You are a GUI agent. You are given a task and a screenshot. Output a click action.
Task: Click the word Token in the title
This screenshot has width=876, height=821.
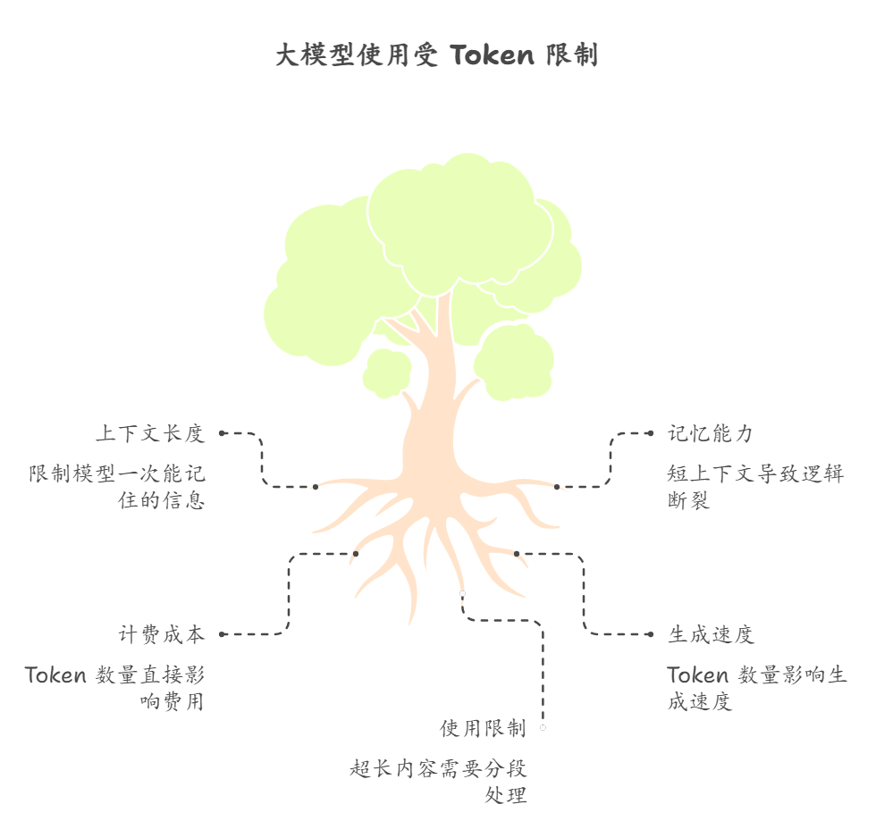pos(492,55)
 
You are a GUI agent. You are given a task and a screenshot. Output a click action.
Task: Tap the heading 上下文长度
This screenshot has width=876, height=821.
pos(150,434)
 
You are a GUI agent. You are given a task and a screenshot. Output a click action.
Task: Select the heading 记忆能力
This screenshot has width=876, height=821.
pos(711,434)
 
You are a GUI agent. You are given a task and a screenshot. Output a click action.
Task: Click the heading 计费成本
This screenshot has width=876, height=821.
pos(162,635)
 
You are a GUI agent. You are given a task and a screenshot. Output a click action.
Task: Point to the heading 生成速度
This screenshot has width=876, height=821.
pos(711,635)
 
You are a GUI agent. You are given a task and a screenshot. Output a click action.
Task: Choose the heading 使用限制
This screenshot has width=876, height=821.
pos(483,729)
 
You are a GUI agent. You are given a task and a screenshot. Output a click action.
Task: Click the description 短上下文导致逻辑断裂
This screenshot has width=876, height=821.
pos(755,487)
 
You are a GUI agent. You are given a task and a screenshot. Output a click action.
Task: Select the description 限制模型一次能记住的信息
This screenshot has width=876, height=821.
pos(117,487)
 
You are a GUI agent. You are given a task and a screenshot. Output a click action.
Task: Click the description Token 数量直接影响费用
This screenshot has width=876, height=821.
pos(115,688)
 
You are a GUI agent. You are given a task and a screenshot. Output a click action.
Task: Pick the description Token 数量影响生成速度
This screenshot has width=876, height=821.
pos(756,688)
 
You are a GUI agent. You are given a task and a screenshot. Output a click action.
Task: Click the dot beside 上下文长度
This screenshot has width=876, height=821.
pos(222,433)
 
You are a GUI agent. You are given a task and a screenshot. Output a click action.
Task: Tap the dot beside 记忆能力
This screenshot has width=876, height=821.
pos(650,433)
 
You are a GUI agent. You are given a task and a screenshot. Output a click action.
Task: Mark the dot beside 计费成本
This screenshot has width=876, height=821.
pos(222,634)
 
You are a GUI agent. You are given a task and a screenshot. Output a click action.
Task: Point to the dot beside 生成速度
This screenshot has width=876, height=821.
pos(650,634)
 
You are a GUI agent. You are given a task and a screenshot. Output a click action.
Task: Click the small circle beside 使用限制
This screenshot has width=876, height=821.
pos(543,728)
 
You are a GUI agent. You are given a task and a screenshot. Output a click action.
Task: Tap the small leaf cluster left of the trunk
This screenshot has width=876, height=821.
pos(387,372)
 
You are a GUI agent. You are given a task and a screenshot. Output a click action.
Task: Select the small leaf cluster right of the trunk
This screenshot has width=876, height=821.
pos(514,362)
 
